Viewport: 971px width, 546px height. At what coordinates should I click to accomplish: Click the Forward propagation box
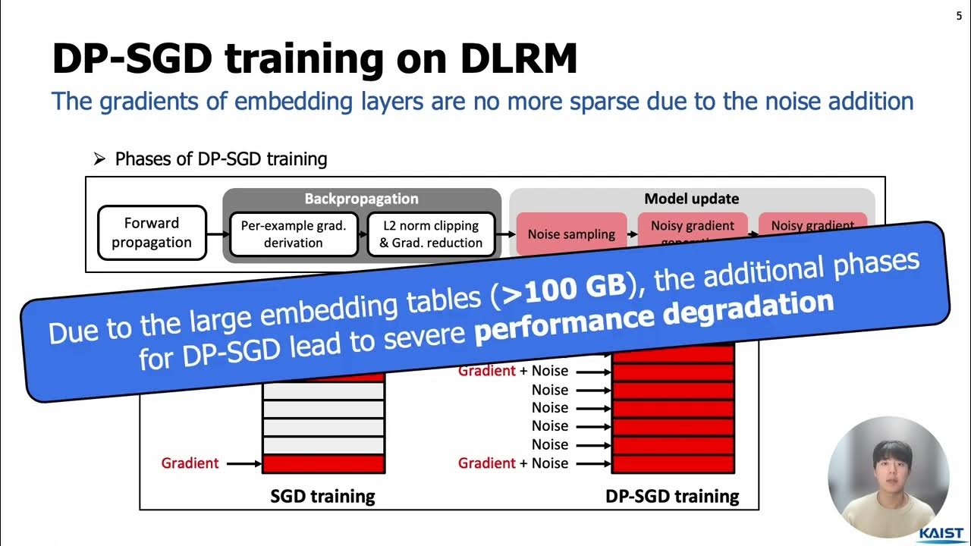152,233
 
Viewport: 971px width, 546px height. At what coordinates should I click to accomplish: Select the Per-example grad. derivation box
293,234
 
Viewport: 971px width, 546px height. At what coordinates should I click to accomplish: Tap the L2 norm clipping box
430,234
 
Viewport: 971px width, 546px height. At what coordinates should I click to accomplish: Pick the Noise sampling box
571,234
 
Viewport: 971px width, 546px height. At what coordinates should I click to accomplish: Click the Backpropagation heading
361,199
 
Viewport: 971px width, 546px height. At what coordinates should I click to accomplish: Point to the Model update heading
691,199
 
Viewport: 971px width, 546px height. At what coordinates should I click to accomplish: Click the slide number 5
959,16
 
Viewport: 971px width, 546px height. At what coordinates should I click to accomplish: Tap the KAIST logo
941,534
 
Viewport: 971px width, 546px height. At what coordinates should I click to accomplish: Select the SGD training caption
322,497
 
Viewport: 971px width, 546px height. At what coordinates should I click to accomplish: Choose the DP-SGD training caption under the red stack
672,497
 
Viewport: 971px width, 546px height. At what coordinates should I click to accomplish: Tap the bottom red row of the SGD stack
323,463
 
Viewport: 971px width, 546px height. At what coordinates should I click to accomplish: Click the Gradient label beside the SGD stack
190,463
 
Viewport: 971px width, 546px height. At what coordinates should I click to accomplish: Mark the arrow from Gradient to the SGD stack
243,463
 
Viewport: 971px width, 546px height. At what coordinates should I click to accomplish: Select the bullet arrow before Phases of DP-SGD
99,159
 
